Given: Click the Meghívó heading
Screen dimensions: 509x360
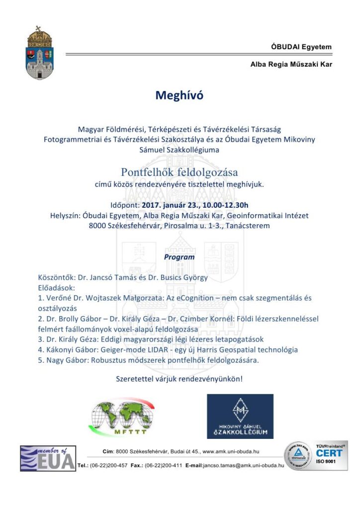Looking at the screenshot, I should coord(180,95).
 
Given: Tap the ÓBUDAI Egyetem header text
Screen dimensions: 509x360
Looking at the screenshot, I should coord(301,47).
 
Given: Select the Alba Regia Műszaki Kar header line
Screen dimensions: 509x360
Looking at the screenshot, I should coord(291,64).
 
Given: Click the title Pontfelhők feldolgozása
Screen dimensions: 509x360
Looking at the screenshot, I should coord(180,172).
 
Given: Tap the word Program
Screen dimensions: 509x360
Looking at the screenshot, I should coord(180,257).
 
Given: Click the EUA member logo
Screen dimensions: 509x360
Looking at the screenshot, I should coord(48,458).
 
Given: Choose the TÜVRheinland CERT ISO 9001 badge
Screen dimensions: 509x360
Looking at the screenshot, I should coord(315,456).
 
